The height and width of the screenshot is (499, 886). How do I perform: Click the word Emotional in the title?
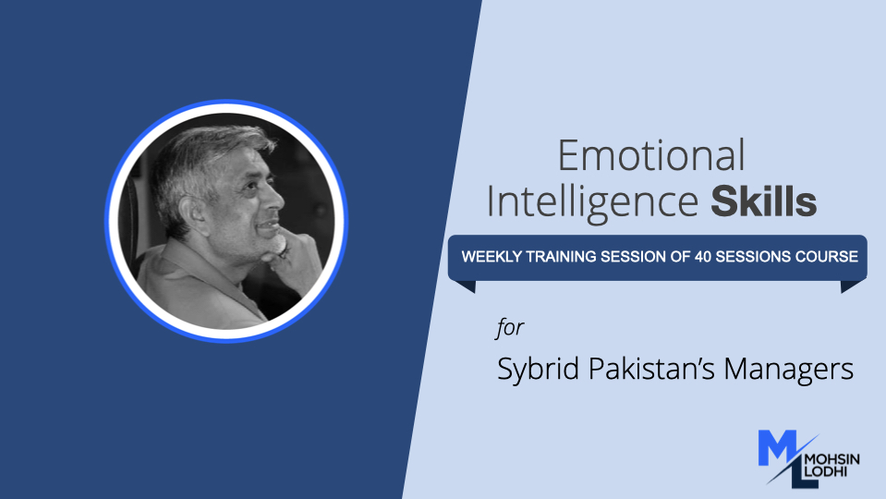pos(651,156)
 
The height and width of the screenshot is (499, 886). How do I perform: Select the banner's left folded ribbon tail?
pos(462,286)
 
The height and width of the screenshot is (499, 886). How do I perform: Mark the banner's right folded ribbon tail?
pos(853,286)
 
